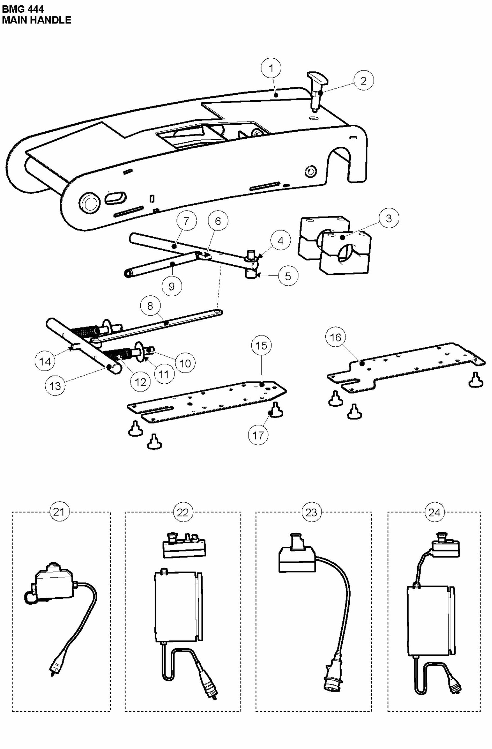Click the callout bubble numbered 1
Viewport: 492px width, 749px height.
[271, 68]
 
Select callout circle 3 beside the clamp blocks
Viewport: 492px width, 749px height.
[388, 218]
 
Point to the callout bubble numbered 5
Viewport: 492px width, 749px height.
[288, 276]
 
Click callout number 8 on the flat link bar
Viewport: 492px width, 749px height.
[150, 306]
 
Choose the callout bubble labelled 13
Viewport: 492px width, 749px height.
[55, 386]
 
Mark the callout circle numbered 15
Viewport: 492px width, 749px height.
[261, 346]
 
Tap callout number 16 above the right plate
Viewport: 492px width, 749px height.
[335, 337]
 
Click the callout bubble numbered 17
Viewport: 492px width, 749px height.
[258, 435]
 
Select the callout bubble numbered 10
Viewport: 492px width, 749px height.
[185, 363]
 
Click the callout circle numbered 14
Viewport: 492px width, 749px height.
[45, 361]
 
